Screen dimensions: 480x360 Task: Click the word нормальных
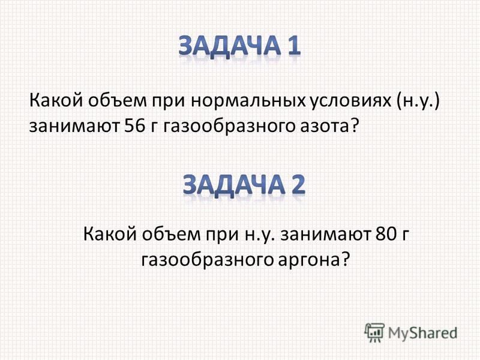[248, 101]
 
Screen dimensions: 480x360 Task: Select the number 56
[134, 125]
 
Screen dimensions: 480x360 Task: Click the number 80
[386, 235]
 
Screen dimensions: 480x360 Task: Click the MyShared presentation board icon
[374, 332]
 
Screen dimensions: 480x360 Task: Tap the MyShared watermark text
[422, 332]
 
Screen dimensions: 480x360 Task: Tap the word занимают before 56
[74, 127]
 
